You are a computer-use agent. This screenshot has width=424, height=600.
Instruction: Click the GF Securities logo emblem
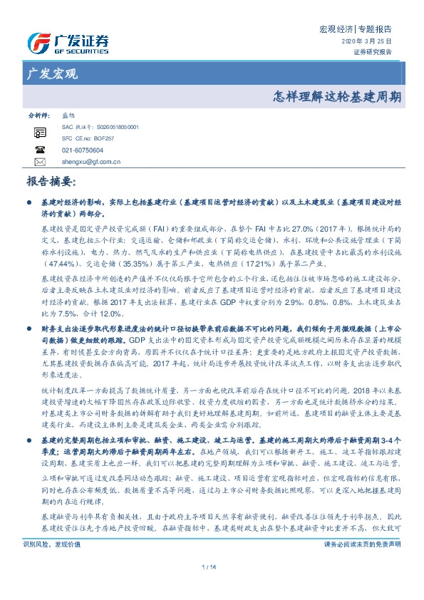39,42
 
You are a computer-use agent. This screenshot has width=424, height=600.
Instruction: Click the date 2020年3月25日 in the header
372,42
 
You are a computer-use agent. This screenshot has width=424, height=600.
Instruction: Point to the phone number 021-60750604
83,150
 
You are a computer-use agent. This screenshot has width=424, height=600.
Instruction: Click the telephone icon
40,150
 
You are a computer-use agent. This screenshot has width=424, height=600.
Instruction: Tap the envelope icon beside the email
40,162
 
